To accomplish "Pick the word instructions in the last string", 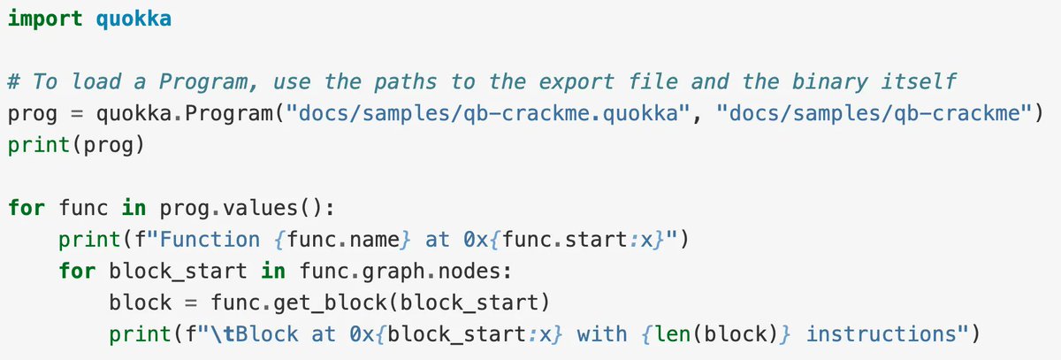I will tap(876, 334).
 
